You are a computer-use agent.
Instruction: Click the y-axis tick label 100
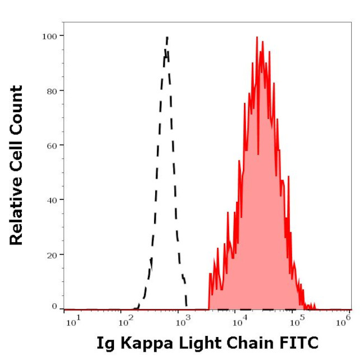tap(50, 36)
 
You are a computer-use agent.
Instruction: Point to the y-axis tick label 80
tap(52, 90)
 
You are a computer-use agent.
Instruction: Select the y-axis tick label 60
tap(52, 145)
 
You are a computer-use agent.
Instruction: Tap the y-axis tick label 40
tap(52, 199)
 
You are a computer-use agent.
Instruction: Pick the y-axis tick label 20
tap(52, 254)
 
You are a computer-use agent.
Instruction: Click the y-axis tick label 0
tap(54, 306)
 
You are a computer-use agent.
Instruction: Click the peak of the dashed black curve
tap(167, 37)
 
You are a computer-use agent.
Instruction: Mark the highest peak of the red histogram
tap(257, 37)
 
